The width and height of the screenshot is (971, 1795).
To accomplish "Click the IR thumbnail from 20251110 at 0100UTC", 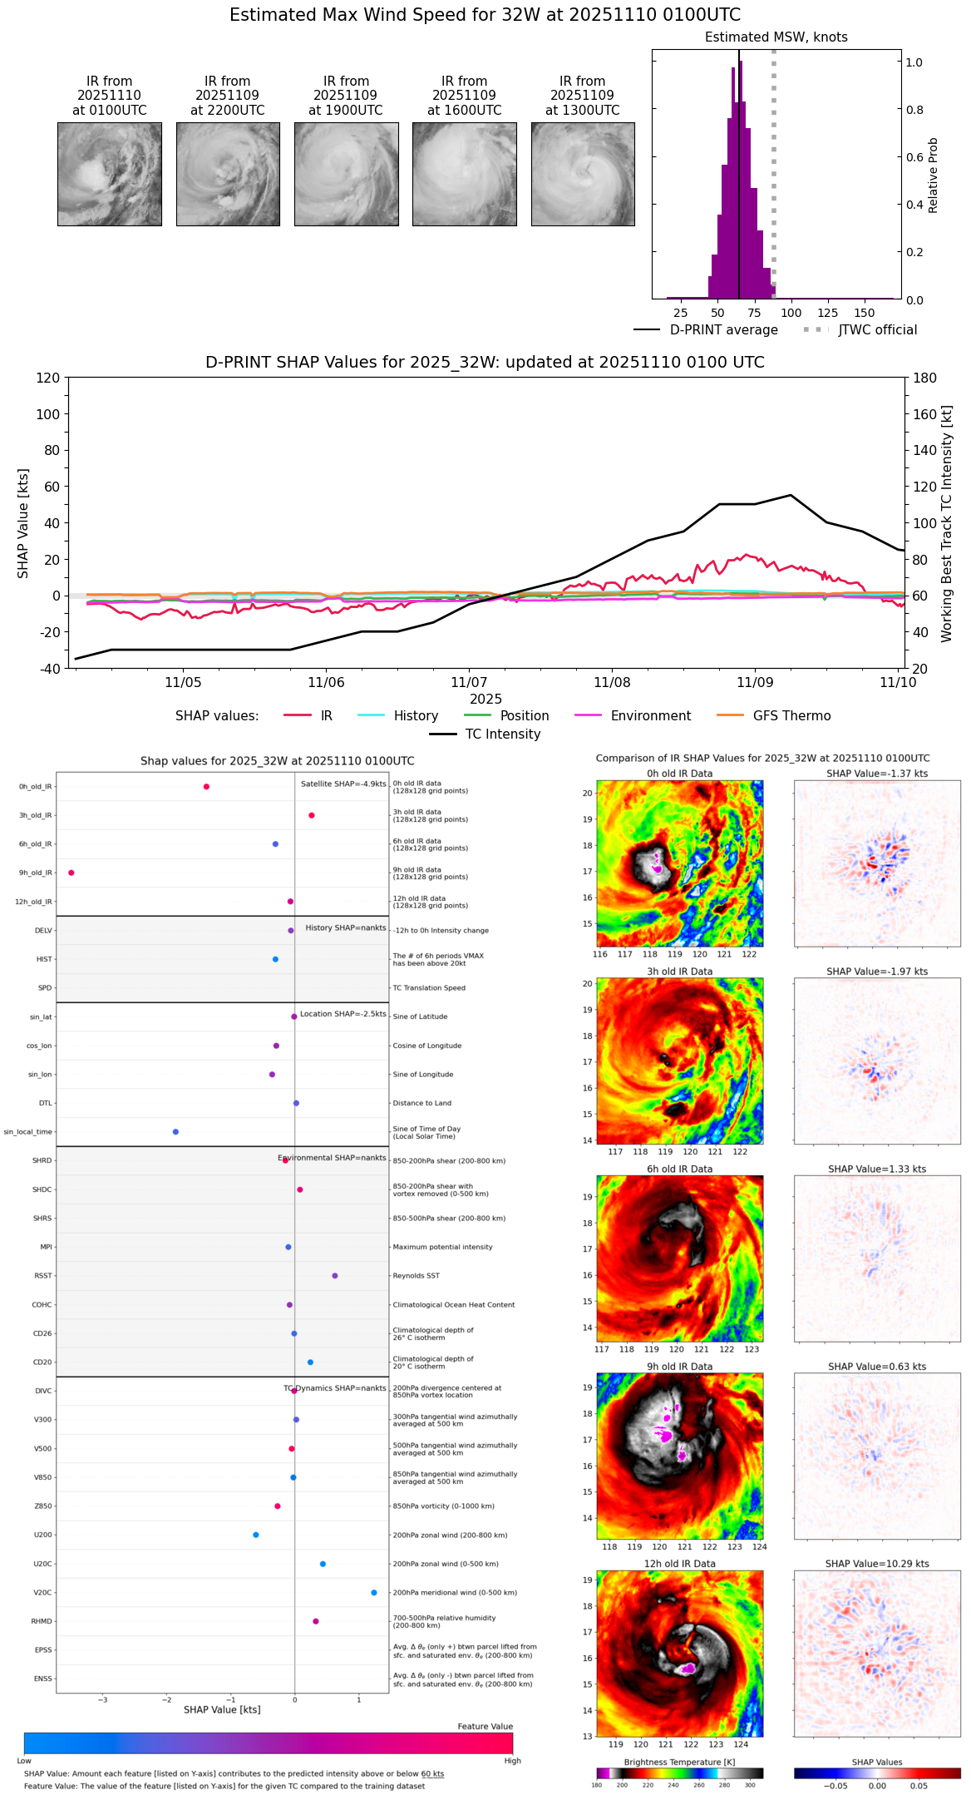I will (109, 174).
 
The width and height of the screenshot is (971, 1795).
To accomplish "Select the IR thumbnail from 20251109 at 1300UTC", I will (583, 174).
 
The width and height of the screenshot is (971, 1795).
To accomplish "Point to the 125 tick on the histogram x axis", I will (827, 313).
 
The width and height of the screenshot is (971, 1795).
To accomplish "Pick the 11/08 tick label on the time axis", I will (612, 683).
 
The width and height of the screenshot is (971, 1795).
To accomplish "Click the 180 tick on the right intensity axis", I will (924, 378).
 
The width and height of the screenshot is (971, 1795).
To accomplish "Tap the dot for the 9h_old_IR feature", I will (71, 873).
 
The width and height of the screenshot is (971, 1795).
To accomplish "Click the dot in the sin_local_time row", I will (175, 1132).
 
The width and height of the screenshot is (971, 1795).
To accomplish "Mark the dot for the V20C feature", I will (374, 1593).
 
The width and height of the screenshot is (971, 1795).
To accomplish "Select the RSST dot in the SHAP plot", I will (335, 1276).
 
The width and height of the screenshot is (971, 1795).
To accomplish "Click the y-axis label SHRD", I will (42, 1161).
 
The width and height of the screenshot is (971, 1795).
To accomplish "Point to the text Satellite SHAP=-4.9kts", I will (343, 784).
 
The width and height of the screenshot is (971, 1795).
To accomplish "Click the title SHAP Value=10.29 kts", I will (877, 1564).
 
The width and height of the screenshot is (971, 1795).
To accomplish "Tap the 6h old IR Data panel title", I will (679, 1169).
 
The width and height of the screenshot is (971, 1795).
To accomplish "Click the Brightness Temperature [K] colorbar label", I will (679, 1762).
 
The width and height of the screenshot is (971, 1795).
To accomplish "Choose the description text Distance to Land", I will (421, 1104).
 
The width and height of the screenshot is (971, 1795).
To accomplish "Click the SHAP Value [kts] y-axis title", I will (23, 523).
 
